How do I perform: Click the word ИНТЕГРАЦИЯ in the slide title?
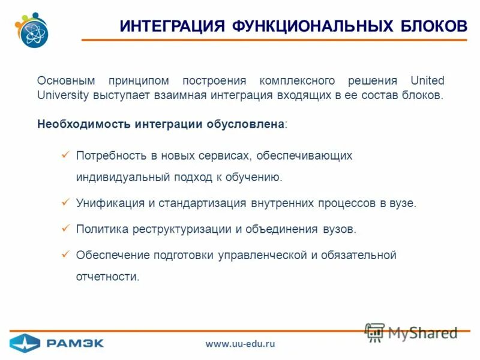coord(172,26)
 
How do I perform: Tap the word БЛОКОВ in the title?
coord(431,26)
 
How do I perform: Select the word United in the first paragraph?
coord(427,80)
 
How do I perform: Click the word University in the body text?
coord(63,95)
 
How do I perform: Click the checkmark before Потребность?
coord(66,155)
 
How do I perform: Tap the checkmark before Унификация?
coord(66,203)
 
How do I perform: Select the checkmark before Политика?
coord(66,229)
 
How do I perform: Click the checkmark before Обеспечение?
coord(66,254)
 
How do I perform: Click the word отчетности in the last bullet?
coord(107,277)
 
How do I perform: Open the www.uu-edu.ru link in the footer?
coord(240,344)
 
